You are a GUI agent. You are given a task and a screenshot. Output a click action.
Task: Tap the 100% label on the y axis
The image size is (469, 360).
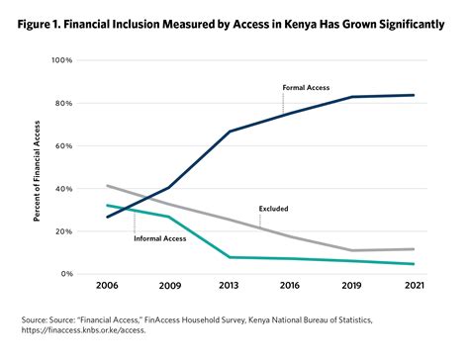point(61,60)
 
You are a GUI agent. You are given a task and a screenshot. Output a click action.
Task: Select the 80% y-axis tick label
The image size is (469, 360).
point(63,104)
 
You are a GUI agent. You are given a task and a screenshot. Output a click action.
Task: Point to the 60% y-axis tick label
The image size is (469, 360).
point(63,146)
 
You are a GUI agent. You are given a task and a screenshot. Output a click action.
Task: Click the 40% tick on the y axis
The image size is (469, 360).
point(63,189)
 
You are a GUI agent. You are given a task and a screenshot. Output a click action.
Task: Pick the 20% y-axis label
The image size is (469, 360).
point(63,231)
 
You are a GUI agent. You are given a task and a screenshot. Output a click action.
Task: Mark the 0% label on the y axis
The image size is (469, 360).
point(66,274)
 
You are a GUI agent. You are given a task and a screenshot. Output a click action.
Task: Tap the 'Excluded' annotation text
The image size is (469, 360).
point(274,209)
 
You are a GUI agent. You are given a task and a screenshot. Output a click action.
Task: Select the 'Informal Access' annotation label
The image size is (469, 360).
point(160,237)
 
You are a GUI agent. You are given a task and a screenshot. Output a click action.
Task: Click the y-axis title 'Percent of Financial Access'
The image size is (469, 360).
point(37,167)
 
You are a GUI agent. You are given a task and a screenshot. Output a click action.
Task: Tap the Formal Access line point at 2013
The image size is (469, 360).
point(230,132)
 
